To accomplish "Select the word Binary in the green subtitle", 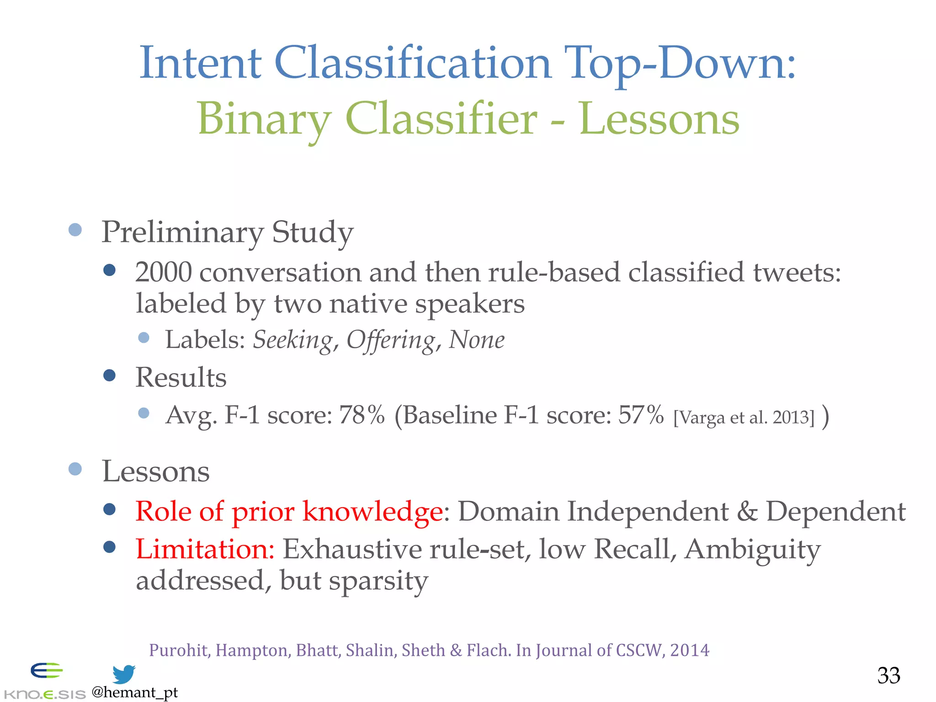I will pyautogui.click(x=264, y=120).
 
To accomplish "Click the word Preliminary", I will pyautogui.click(x=182, y=232).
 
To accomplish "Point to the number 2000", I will pyautogui.click(x=163, y=272).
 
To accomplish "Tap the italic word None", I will pyautogui.click(x=476, y=340).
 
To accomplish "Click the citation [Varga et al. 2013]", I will pyautogui.click(x=744, y=417).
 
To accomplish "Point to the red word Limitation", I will pyautogui.click(x=204, y=549).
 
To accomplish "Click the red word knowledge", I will pyautogui.click(x=372, y=511).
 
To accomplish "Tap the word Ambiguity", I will pyautogui.click(x=752, y=549).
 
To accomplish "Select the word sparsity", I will pyautogui.click(x=378, y=581).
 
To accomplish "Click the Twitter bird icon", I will pyautogui.click(x=124, y=674).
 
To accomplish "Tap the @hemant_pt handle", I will pyautogui.click(x=134, y=692).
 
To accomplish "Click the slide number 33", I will pyautogui.click(x=888, y=675).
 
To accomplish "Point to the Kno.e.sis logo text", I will pyautogui.click(x=44, y=694).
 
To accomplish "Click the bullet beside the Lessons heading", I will pyautogui.click(x=75, y=469).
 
